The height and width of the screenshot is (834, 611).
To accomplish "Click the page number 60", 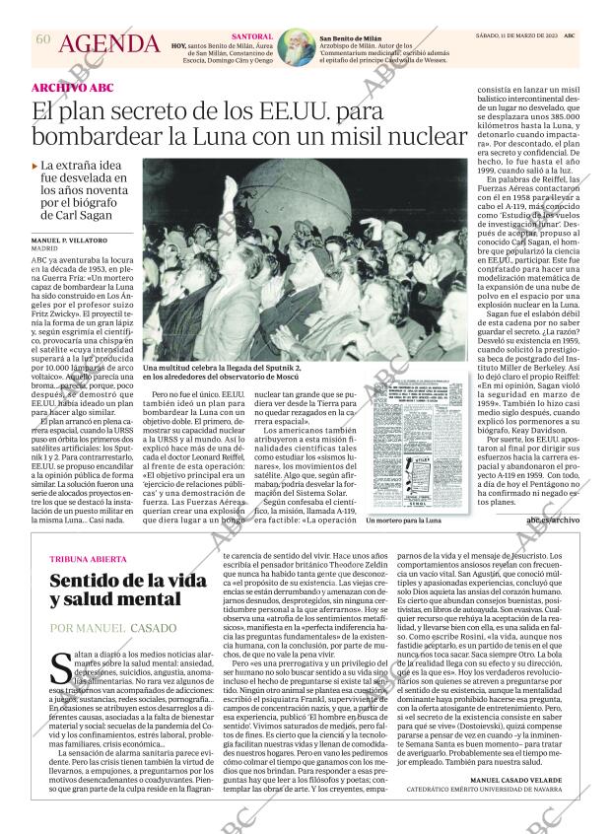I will [42, 38].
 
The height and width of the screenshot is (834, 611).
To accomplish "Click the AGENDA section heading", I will [108, 44].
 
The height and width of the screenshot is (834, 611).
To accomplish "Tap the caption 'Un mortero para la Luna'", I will [402, 520].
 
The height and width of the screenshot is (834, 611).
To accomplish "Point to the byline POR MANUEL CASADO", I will [113, 628].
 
